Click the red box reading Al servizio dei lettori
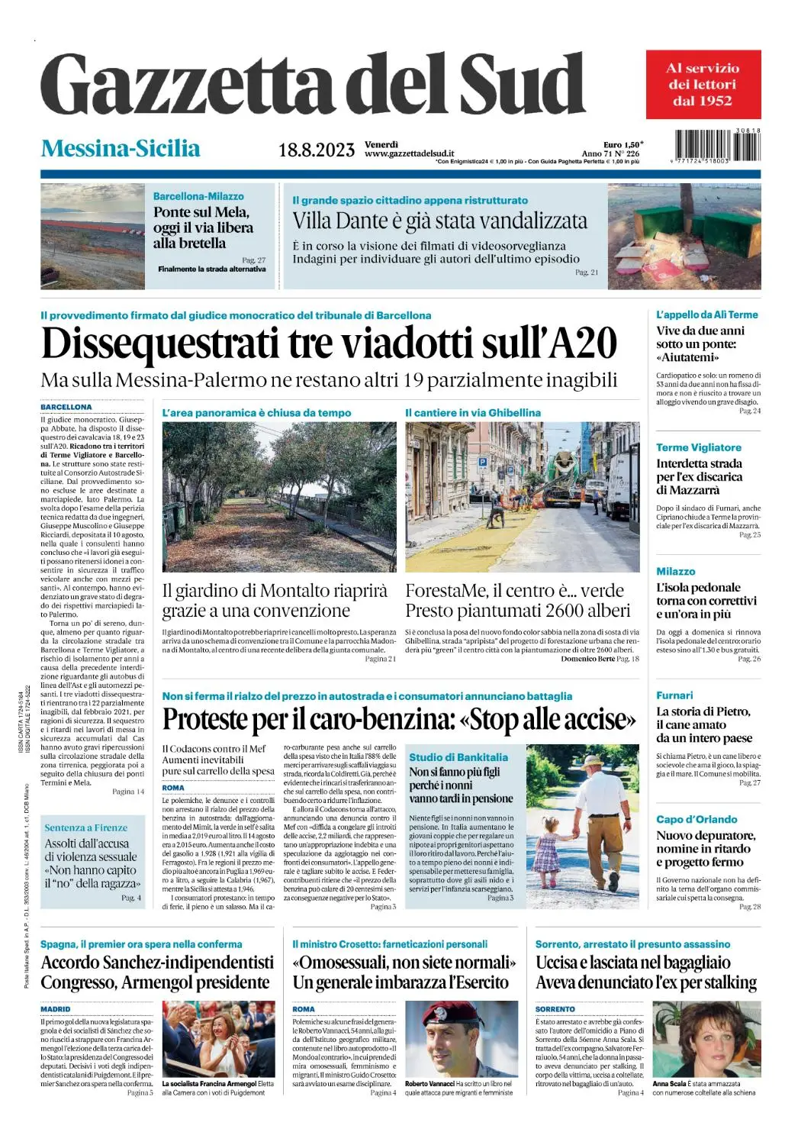click(703, 84)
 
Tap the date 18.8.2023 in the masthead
click(316, 150)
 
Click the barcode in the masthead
click(717, 145)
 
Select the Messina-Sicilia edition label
click(121, 148)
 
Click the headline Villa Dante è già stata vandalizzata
click(439, 221)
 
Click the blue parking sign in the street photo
click(482, 463)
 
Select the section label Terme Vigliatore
click(698, 447)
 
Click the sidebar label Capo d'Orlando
click(696, 819)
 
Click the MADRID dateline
click(55, 1009)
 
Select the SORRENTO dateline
click(555, 1009)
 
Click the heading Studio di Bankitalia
click(458, 757)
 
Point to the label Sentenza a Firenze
click(85, 827)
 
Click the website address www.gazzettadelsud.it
click(409, 154)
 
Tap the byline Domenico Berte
click(587, 658)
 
